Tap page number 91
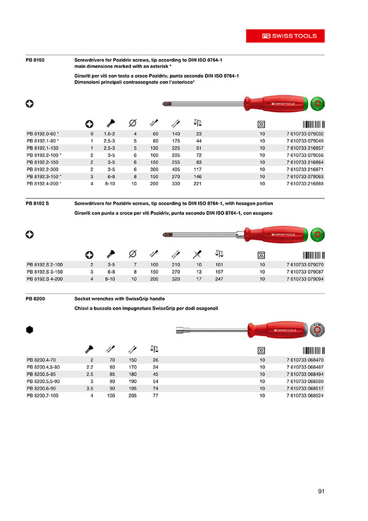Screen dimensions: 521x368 point(321,492)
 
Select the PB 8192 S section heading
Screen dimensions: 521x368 point(39,203)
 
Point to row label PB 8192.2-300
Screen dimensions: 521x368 point(44,169)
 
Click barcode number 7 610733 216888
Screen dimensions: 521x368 point(306,184)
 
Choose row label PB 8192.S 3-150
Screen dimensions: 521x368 point(45,272)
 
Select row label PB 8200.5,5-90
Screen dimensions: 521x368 point(45,382)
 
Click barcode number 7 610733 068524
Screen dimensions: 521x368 point(306,396)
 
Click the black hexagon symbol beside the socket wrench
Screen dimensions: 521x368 point(29,330)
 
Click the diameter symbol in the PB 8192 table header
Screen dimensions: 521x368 point(133,122)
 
